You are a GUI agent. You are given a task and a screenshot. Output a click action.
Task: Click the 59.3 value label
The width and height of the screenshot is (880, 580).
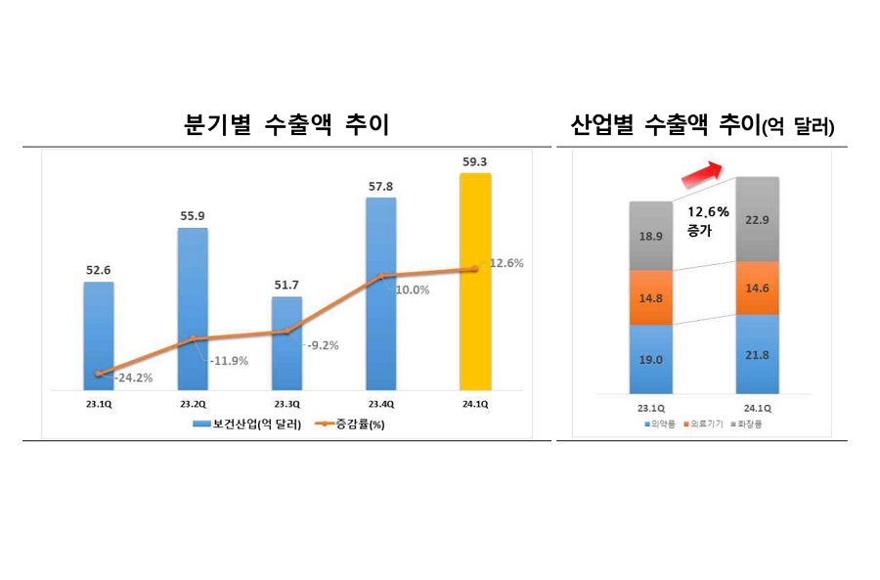point(475,161)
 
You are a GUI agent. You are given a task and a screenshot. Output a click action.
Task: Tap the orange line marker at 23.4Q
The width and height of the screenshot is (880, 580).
point(381,276)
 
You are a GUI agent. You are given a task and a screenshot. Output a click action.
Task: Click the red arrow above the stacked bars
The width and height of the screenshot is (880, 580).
point(702,174)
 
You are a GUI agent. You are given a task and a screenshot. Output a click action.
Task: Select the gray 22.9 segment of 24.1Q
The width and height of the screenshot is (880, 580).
point(757,219)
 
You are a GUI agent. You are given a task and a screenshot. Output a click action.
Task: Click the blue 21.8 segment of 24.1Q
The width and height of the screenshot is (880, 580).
point(757,354)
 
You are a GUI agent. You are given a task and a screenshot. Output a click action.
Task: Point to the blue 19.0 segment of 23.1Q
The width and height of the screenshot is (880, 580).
point(651,359)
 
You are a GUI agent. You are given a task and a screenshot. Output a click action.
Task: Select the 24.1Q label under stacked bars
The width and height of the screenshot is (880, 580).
point(757,408)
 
